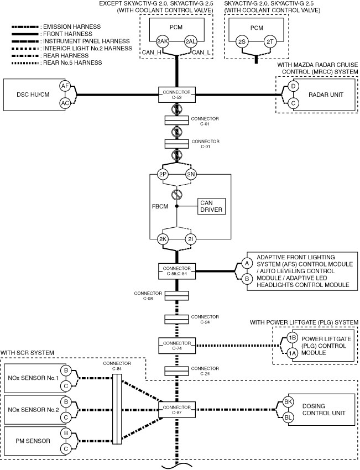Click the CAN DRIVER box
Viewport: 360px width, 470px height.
point(211,206)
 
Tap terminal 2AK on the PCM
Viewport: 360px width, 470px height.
point(162,41)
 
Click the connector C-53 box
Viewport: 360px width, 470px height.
point(177,95)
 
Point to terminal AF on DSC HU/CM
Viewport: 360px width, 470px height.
point(65,86)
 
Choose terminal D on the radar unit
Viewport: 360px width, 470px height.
point(293,86)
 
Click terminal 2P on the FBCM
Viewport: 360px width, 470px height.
point(163,174)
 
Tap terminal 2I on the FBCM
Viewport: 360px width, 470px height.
point(191,239)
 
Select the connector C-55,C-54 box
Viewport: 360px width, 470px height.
point(177,271)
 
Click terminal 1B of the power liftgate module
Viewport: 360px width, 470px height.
point(292,338)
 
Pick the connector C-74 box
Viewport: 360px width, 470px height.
point(177,346)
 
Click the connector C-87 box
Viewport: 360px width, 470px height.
point(177,410)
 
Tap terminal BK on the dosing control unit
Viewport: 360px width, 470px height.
point(288,402)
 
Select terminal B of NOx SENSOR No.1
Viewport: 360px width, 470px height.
point(66,370)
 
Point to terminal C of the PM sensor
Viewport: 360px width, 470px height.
point(66,449)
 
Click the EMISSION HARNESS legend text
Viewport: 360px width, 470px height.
point(72,27)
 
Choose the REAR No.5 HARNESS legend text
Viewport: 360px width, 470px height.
point(72,62)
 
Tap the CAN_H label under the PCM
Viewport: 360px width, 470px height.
point(152,53)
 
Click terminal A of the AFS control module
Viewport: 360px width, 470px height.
point(247,263)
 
